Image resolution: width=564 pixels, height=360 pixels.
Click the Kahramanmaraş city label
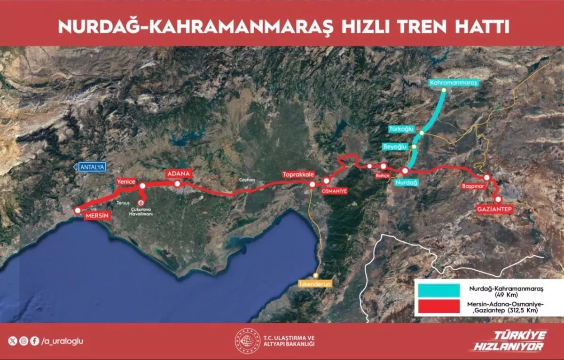454,83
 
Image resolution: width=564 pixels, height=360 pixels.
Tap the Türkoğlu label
402,129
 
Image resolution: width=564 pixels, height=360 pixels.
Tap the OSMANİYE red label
334,191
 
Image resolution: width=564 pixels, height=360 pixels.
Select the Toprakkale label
298,174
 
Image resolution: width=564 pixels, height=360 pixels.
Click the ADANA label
178,173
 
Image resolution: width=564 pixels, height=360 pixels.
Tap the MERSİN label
97,216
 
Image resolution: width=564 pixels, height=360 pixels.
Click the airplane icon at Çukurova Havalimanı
142,202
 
